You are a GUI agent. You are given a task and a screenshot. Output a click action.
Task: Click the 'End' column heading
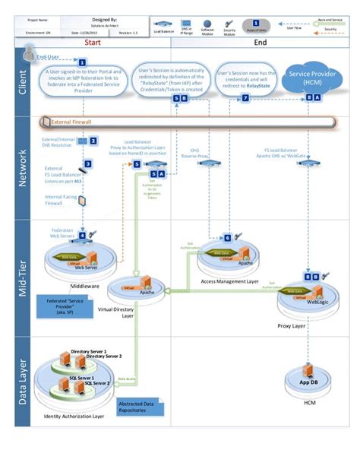point(258,44)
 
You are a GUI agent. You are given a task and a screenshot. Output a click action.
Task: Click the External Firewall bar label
point(72,121)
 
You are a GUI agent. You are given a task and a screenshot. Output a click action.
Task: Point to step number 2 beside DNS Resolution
point(93,141)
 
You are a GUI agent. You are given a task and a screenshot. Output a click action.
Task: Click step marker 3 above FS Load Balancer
point(87,163)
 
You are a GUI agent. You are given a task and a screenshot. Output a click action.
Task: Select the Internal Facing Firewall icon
point(82,201)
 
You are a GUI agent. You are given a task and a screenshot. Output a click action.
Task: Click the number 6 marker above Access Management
point(227,237)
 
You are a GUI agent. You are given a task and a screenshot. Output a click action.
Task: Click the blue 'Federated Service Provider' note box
point(63,310)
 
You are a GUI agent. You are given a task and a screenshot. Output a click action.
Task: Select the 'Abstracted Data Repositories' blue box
point(139,407)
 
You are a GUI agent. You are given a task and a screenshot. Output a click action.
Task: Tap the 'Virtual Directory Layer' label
point(136,315)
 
